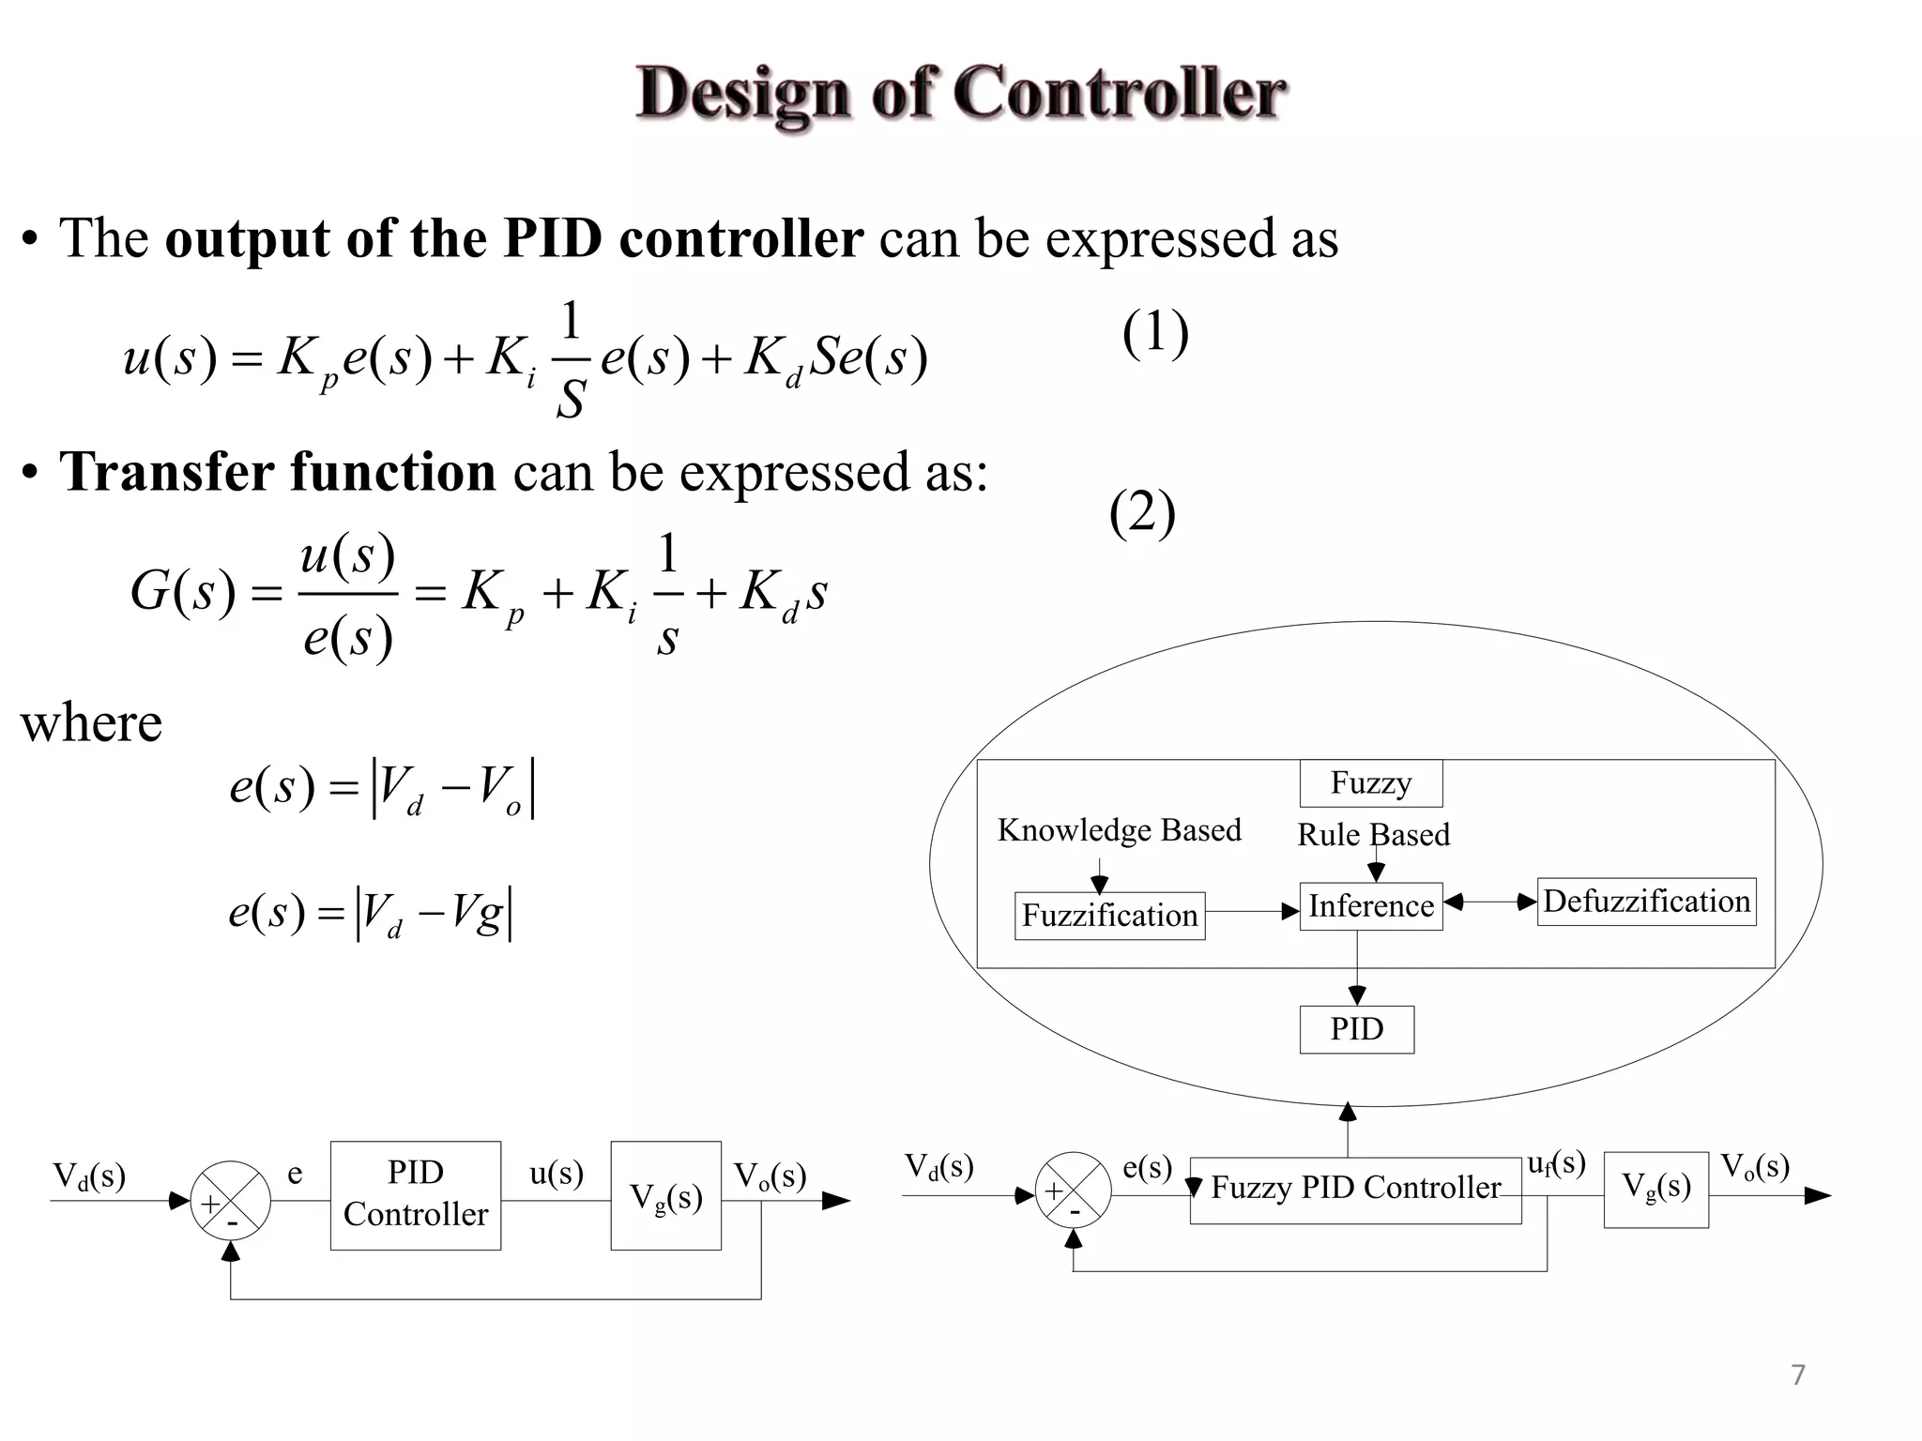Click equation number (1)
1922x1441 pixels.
coord(1155,333)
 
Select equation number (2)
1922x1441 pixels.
coord(1142,513)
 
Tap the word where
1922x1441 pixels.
coord(91,723)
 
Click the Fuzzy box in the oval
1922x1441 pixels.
coord(1370,783)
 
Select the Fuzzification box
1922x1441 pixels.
coord(1109,916)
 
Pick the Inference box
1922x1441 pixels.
coord(1370,906)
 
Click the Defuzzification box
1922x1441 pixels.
coord(1646,902)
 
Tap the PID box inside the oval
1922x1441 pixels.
coord(1356,1029)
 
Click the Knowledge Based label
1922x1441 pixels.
coord(1119,830)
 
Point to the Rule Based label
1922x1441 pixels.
coord(1373,835)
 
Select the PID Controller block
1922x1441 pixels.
coord(415,1194)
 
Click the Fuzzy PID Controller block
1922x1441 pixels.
coord(1354,1189)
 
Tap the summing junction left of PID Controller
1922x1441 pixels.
coord(231,1201)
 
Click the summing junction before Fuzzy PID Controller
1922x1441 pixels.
coord(1074,1191)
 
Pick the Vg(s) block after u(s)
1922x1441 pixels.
coord(665,1196)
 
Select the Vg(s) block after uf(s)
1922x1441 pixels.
coord(1655,1189)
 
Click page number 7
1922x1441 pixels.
coord(1797,1374)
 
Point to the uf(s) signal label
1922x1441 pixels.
coord(1556,1164)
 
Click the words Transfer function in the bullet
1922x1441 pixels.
coord(278,472)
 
